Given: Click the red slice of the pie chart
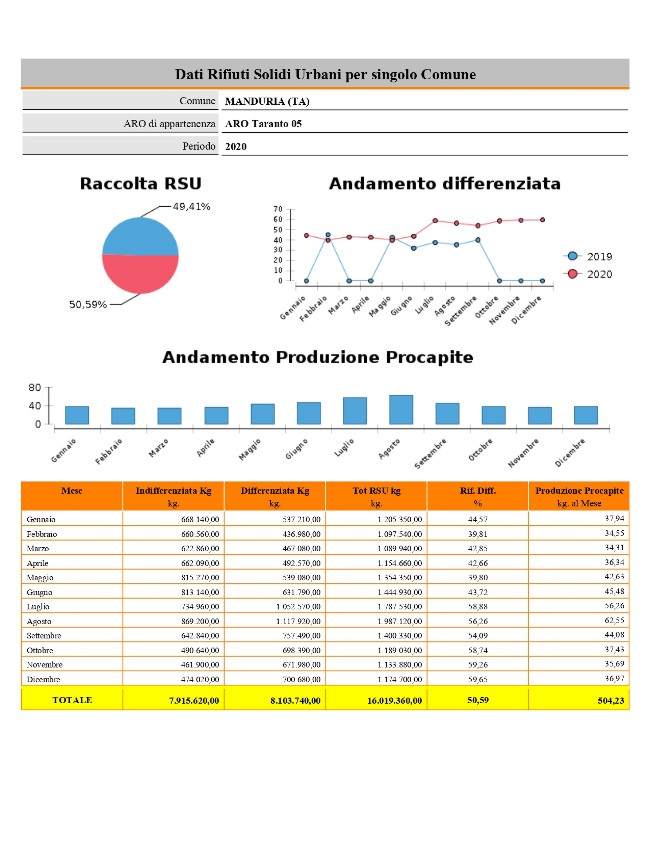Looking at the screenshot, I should point(140,273).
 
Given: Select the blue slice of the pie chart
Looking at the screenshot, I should point(140,236).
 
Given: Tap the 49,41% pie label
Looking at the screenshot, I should point(191,206).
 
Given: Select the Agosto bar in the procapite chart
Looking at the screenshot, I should point(401,410).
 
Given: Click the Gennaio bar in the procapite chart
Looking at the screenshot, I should point(77,415).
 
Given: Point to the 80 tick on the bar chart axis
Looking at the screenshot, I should point(35,387).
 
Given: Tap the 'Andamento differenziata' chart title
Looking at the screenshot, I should point(444,184).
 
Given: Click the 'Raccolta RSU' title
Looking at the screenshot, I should point(140,184).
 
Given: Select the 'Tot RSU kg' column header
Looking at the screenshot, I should point(377,490).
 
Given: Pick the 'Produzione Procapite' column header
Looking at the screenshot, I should point(580,490).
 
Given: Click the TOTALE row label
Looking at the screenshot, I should point(72,700).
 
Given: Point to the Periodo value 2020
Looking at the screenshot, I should point(236,146).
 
